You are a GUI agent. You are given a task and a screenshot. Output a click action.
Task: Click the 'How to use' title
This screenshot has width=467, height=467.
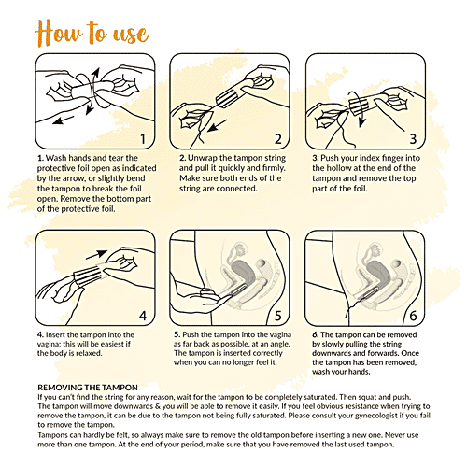pyautogui.click(x=92, y=33)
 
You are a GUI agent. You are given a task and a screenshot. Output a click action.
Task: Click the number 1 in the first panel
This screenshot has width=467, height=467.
pyautogui.click(x=143, y=139)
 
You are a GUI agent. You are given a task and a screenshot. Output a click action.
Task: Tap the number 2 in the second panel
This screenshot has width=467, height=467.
pyautogui.click(x=278, y=139)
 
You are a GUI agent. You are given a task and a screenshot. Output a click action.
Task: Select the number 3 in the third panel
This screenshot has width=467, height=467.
pyautogui.click(x=413, y=139)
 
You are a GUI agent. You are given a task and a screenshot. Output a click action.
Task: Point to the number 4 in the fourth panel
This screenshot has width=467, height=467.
pyautogui.click(x=143, y=316)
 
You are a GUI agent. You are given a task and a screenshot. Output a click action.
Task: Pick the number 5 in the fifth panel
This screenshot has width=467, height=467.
pyautogui.click(x=278, y=316)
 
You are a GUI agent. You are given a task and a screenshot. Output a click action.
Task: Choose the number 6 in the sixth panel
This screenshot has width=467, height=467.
pyautogui.click(x=413, y=316)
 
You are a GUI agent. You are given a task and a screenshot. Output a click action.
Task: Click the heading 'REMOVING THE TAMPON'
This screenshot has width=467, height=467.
pyautogui.click(x=88, y=388)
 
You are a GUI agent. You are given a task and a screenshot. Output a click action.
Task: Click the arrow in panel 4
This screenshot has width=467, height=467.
pyautogui.click(x=96, y=254)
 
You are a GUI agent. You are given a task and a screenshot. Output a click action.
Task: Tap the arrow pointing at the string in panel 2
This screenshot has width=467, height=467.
pyautogui.click(x=218, y=125)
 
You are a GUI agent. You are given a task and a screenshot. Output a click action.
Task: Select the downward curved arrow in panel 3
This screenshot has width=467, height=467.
pyautogui.click(x=358, y=109)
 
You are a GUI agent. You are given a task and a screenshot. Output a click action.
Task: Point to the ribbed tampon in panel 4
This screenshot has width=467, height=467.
pyautogui.click(x=88, y=276)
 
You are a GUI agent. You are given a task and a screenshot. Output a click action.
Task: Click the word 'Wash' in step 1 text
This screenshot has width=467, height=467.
pyautogui.click(x=56, y=158)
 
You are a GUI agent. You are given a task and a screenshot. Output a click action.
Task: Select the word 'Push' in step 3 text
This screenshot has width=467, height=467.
pyautogui.click(x=330, y=158)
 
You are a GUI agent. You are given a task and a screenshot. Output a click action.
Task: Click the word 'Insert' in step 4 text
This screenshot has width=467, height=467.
pyautogui.click(x=55, y=335)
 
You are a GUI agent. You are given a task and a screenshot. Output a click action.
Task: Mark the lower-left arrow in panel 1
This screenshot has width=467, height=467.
pyautogui.click(x=64, y=120)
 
